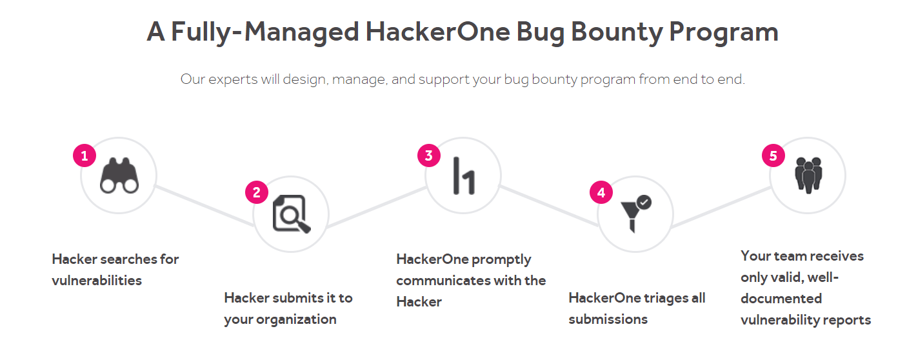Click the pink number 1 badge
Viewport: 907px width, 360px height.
point(85,155)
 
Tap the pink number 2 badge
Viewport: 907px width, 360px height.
point(257,192)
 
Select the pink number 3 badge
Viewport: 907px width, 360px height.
point(429,155)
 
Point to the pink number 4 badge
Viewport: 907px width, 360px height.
point(601,192)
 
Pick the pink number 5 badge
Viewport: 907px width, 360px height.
point(773,155)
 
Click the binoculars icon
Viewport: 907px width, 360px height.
point(119,175)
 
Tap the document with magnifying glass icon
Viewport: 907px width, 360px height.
point(292,214)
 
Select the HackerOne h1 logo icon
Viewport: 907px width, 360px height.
point(464,175)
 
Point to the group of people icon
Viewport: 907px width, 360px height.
point(808,175)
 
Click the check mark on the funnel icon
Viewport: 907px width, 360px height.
point(644,202)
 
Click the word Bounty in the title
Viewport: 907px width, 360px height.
point(617,32)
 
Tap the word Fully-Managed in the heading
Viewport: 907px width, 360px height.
point(265,32)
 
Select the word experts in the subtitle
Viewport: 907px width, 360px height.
point(233,80)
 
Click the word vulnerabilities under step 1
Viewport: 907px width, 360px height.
point(97,281)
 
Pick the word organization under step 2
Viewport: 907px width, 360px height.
point(296,320)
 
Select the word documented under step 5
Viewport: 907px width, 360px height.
point(781,299)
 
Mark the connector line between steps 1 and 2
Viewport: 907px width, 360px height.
point(205,206)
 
